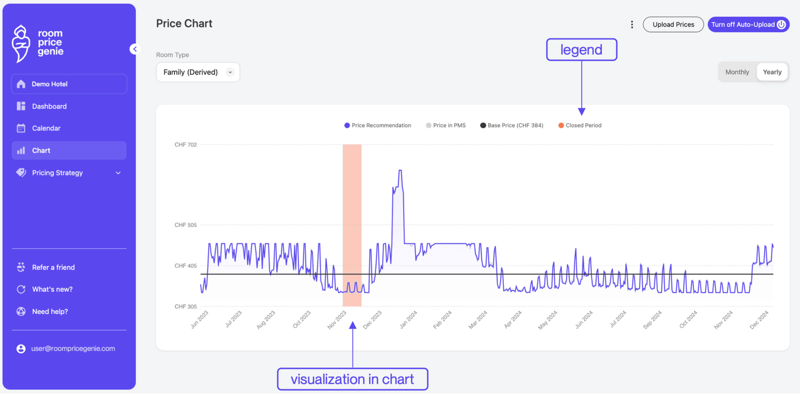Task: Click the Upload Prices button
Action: click(x=673, y=25)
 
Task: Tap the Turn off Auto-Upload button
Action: click(x=748, y=25)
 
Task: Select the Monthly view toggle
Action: click(x=737, y=72)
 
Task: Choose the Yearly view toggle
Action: click(x=772, y=72)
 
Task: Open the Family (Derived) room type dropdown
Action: click(x=198, y=72)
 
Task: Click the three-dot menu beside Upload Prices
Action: click(x=632, y=25)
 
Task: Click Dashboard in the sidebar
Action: click(x=49, y=106)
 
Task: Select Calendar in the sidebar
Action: click(x=46, y=128)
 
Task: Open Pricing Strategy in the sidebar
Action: click(x=57, y=173)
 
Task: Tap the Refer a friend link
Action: click(x=53, y=267)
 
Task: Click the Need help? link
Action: click(x=50, y=311)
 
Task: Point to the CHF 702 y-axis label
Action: click(x=185, y=145)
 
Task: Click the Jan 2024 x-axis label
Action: click(x=408, y=320)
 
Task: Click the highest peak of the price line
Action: click(x=400, y=171)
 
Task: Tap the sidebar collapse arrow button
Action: click(x=135, y=49)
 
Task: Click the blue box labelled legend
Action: click(x=581, y=50)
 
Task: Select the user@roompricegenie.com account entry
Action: click(x=73, y=349)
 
